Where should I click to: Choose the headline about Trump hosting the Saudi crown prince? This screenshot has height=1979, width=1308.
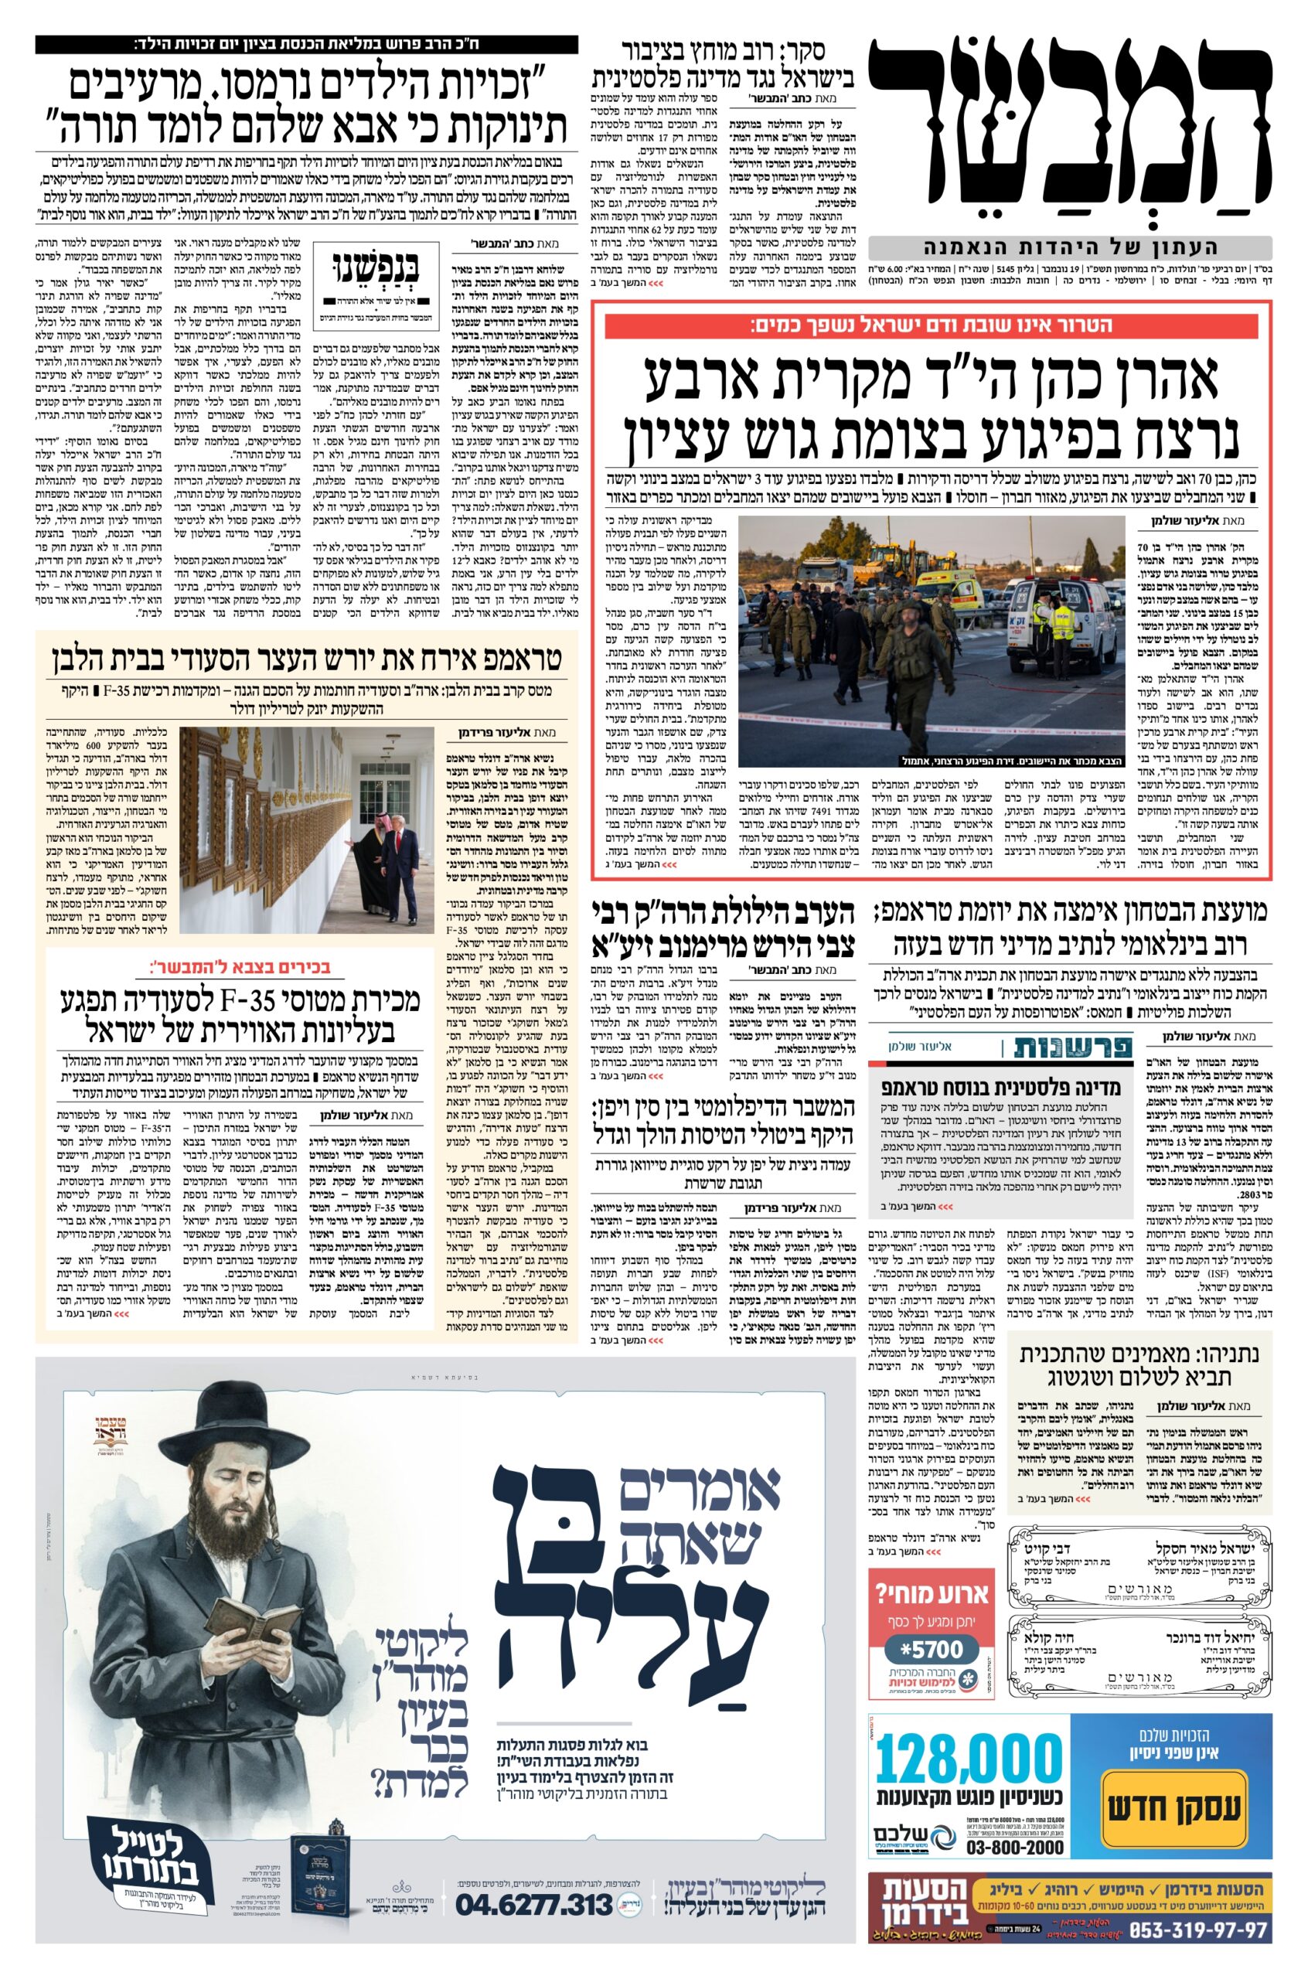click(x=307, y=659)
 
